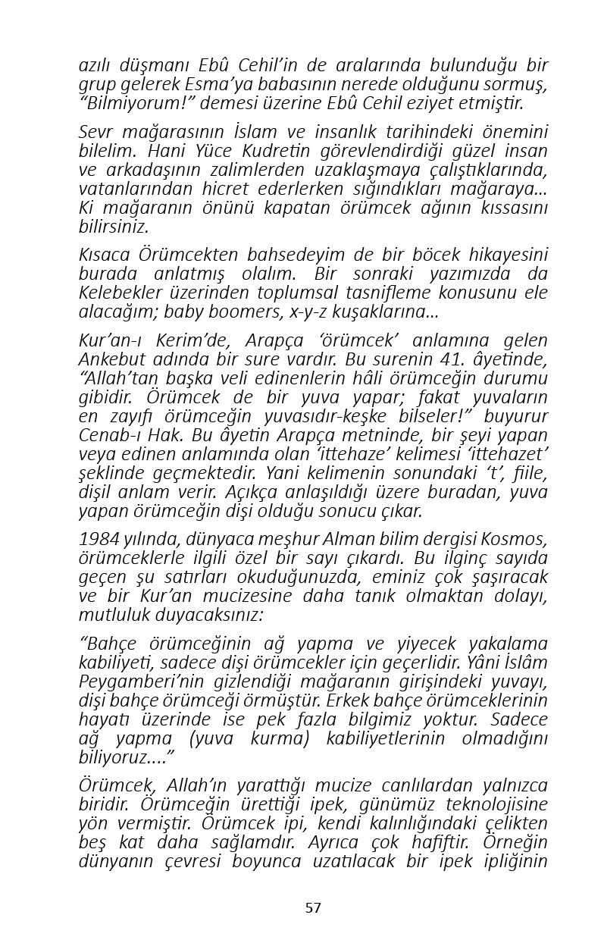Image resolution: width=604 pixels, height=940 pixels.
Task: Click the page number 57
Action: pos(313,907)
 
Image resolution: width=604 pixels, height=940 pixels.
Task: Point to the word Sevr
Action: pos(95,130)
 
